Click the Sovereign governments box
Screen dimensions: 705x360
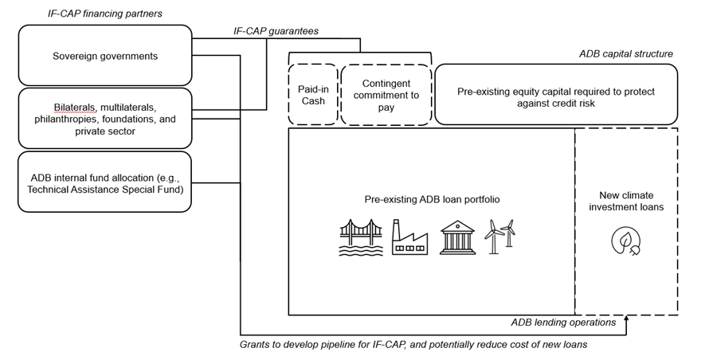(x=105, y=55)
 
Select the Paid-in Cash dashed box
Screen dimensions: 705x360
(x=313, y=95)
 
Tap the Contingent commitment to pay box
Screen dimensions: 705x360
(x=386, y=95)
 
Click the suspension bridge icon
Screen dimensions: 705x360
(x=361, y=238)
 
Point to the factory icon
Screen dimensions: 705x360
(x=409, y=237)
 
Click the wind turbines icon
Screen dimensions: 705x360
(x=500, y=237)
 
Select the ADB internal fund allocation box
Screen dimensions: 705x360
(x=105, y=182)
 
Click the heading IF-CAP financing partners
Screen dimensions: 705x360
(x=105, y=14)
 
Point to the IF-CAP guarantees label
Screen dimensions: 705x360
(x=276, y=31)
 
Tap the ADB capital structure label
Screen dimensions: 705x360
(x=626, y=54)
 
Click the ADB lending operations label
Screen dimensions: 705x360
(x=563, y=323)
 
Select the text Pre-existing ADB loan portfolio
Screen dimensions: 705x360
(x=432, y=199)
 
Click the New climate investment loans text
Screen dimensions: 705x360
(x=626, y=201)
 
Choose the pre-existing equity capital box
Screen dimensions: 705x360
(x=556, y=95)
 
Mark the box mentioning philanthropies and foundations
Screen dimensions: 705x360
(x=105, y=118)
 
